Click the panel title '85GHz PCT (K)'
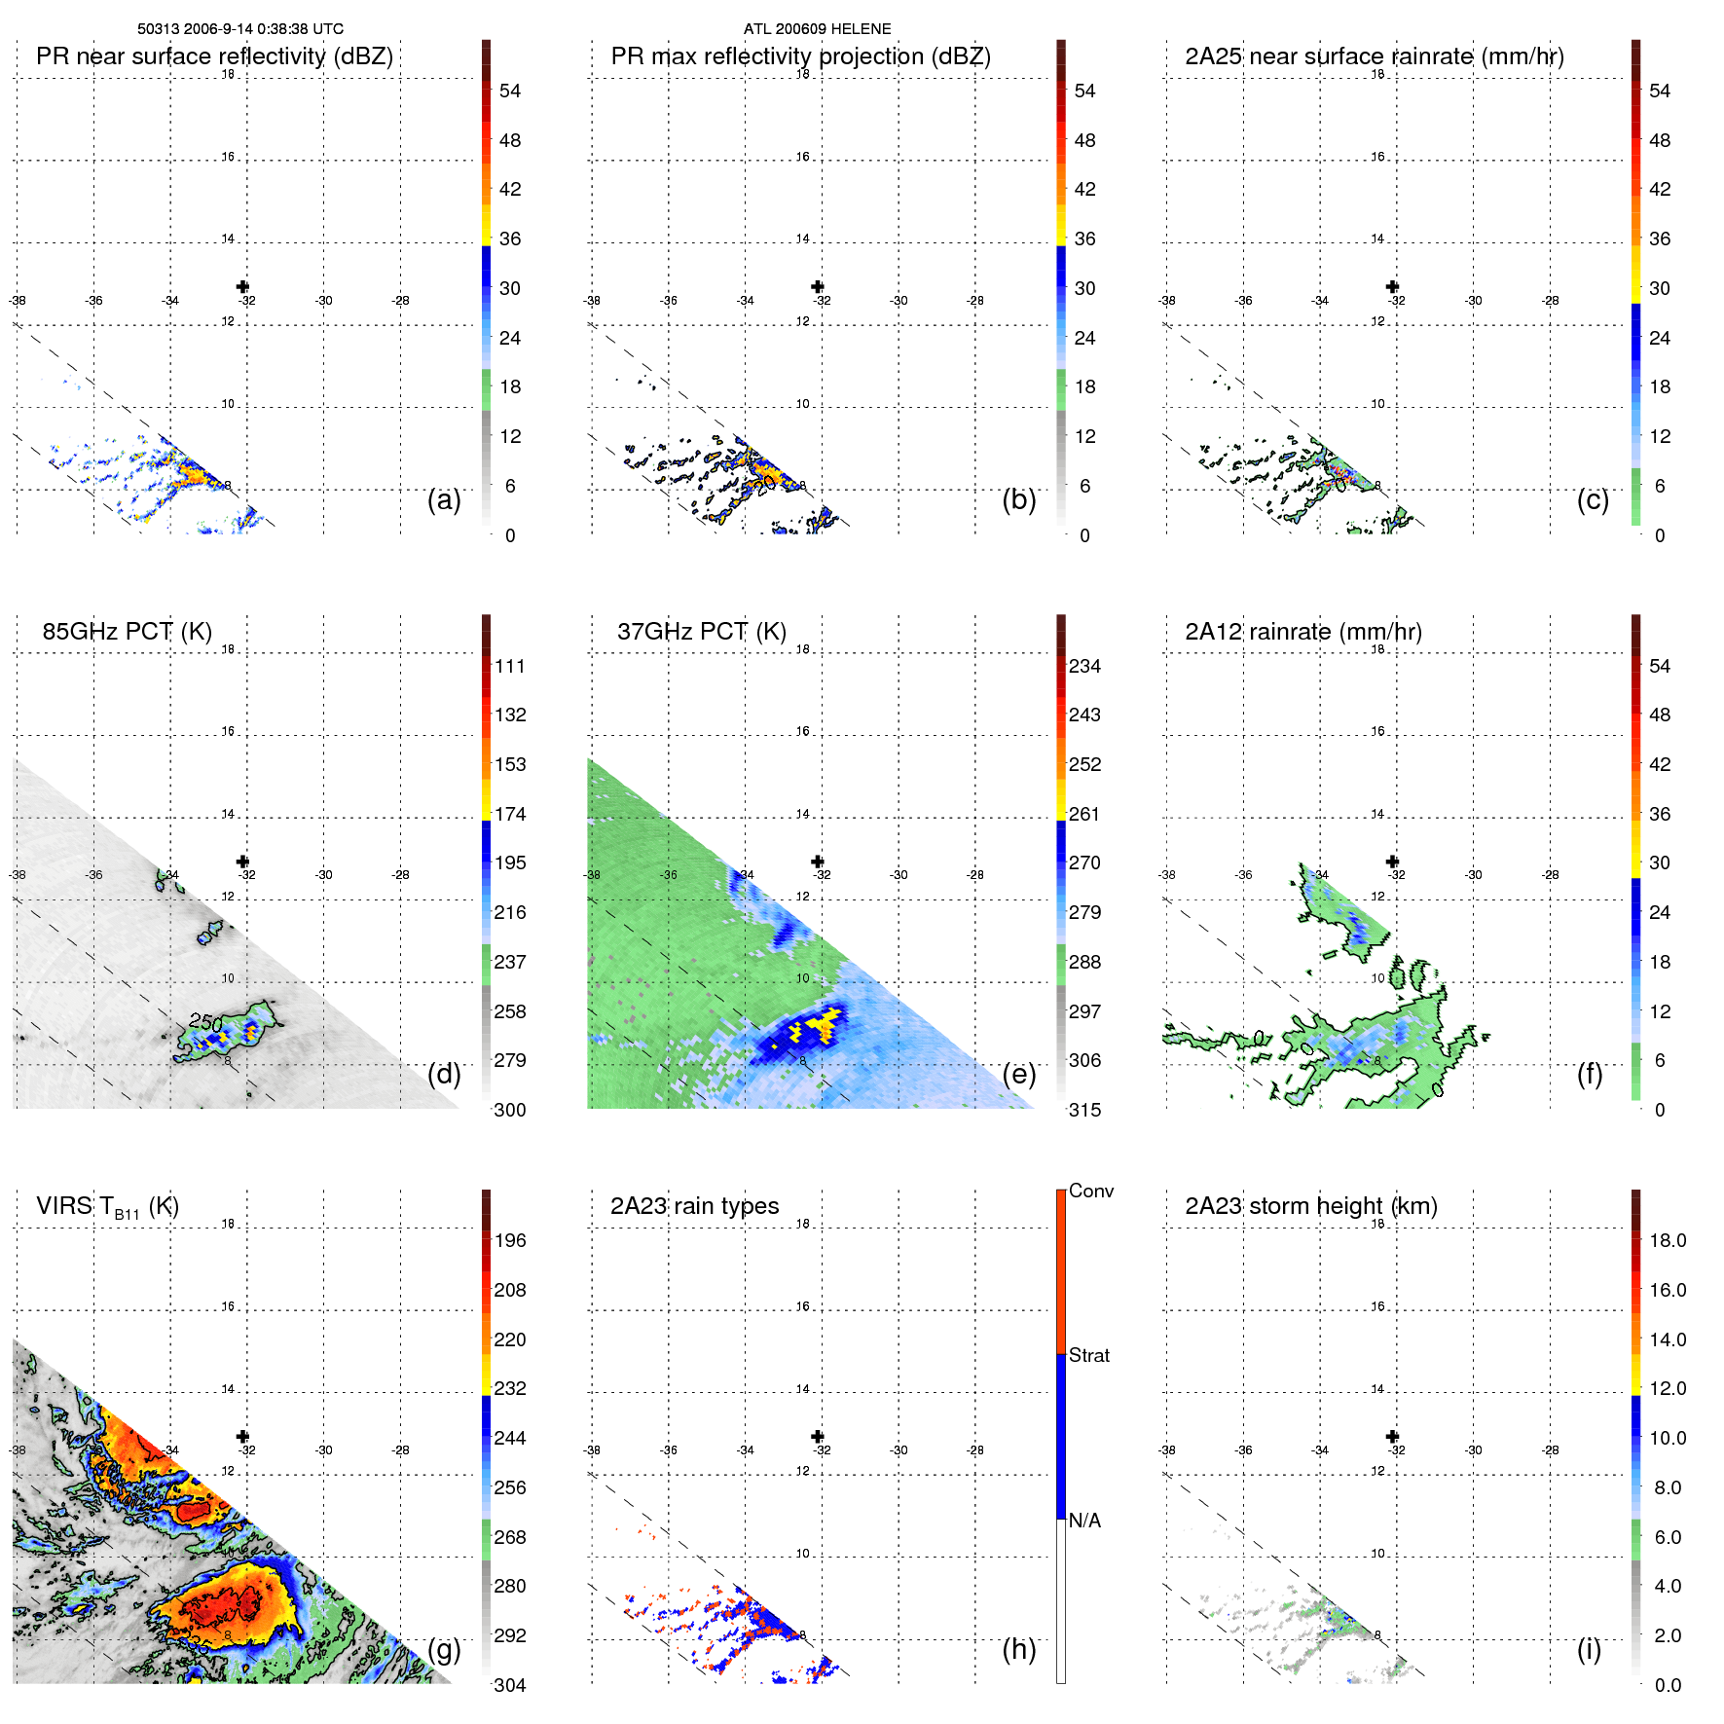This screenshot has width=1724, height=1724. pos(127,631)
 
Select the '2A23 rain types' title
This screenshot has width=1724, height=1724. pos(694,1206)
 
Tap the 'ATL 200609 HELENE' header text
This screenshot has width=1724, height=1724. pos(817,29)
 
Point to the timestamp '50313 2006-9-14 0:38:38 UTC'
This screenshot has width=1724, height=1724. pos(239,29)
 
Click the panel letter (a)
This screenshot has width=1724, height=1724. pos(444,499)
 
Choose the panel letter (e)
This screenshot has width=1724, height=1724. pos(1018,1074)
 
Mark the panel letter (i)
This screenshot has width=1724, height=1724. pos(1589,1649)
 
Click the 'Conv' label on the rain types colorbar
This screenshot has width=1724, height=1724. pos(1090,1191)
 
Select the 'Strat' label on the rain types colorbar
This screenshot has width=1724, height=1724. pos(1088,1355)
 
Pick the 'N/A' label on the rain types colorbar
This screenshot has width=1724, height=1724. pos(1084,1521)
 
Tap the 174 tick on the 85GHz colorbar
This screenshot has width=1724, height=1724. pos(510,814)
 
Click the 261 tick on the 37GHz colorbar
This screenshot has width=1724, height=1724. pos(1084,814)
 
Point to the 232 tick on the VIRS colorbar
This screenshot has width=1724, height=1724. pos(510,1388)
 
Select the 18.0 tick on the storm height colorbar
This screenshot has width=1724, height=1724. pos(1667,1240)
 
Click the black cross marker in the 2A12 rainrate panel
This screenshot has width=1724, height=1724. pos(1392,862)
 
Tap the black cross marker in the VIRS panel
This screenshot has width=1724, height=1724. pos(242,1436)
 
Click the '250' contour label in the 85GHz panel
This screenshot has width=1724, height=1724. pos(205,1022)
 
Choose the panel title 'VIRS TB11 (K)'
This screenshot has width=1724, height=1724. pos(107,1207)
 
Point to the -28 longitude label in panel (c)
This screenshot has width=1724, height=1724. pos(1551,301)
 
